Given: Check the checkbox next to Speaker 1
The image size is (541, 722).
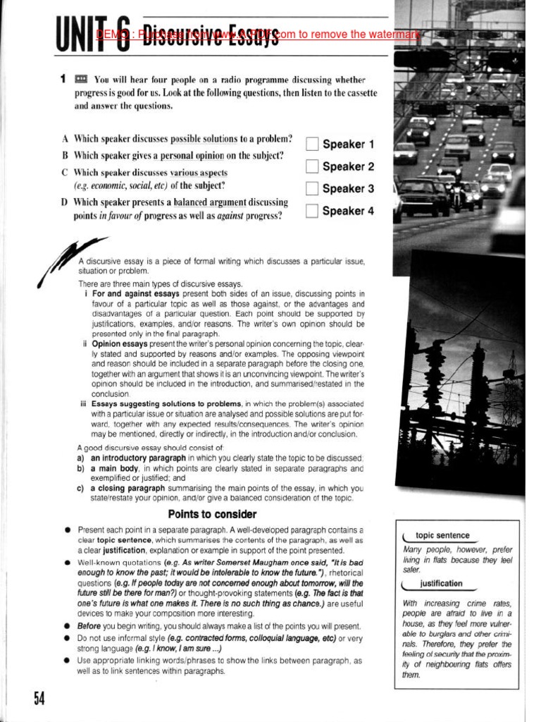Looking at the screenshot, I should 313,145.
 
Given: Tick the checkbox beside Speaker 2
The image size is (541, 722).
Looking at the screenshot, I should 313,167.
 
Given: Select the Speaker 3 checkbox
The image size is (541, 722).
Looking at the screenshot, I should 313,189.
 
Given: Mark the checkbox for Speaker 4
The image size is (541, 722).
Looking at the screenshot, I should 313,211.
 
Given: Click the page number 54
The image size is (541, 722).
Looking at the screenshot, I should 39,698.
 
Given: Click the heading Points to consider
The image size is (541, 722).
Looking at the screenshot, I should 212,514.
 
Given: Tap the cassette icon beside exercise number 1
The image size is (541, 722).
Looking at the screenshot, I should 81,79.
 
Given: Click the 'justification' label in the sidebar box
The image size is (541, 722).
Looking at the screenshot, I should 442,584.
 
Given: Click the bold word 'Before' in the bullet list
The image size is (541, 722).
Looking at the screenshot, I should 89,626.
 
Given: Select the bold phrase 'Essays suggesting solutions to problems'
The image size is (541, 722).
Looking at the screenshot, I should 156,404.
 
